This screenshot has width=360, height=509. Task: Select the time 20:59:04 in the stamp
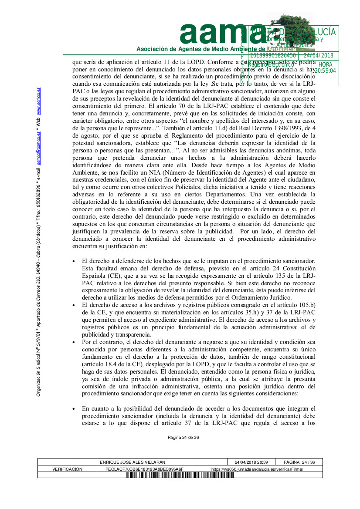(325, 71)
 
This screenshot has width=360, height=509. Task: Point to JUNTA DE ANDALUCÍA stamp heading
(292, 32)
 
